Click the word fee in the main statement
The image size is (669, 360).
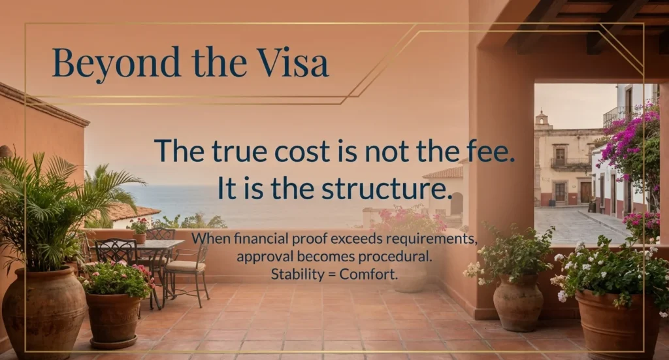coord(493,150)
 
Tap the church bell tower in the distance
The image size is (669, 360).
coord(542,120)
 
